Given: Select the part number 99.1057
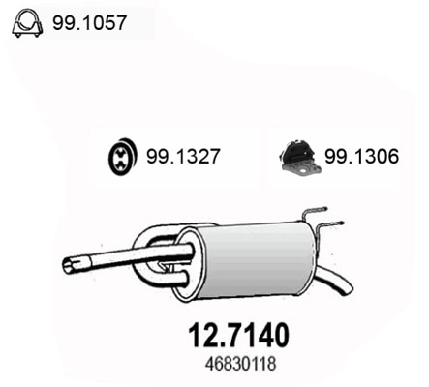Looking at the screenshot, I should tap(86, 19).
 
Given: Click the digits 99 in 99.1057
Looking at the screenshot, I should tap(61, 19).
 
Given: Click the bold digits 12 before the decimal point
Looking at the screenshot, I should tap(199, 334).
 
